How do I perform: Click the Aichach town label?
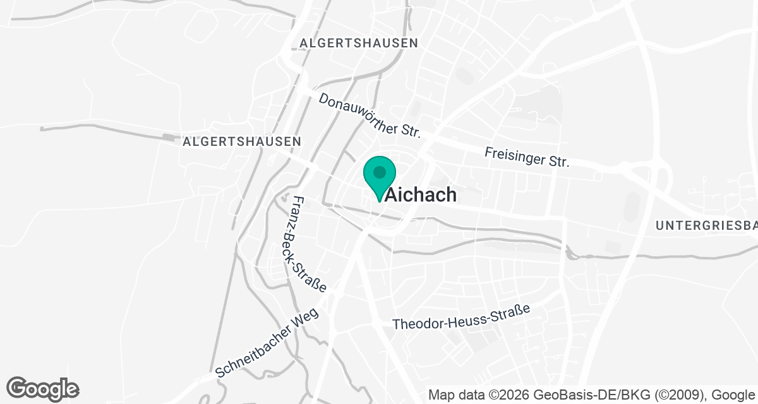(x=421, y=194)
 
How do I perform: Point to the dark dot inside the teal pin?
(x=379, y=172)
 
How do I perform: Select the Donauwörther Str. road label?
(x=370, y=116)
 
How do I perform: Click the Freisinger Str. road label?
(x=527, y=157)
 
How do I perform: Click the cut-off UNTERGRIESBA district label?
(x=706, y=225)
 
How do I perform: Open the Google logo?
(x=42, y=388)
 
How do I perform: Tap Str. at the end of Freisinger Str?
(x=558, y=162)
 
